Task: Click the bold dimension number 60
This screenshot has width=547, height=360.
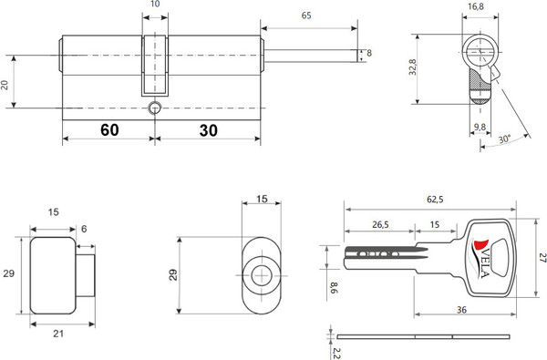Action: click(109, 129)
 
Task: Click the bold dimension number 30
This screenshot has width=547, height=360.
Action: click(208, 130)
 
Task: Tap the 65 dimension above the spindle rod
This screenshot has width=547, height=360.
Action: click(306, 15)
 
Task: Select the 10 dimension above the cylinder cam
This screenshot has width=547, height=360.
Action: click(155, 4)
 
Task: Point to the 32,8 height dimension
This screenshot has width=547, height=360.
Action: click(413, 67)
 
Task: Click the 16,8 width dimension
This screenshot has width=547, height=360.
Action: click(476, 6)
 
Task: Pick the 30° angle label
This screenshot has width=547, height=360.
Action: click(504, 139)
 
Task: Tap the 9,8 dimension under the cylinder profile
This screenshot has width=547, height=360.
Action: click(480, 127)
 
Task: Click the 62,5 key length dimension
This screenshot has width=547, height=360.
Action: click(435, 200)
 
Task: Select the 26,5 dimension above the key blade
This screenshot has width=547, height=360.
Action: click(380, 224)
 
